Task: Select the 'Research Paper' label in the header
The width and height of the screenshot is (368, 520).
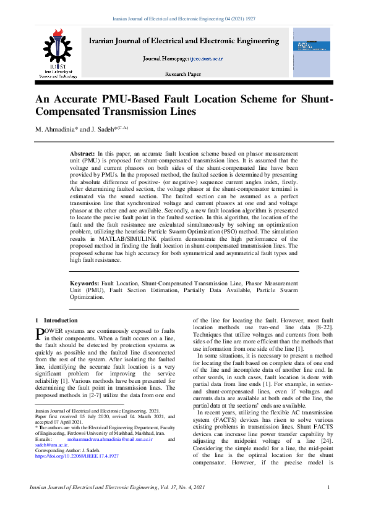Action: tap(183, 73)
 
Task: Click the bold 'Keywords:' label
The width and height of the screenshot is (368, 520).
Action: tap(85, 282)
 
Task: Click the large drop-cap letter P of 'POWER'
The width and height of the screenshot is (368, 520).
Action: tap(41, 333)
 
